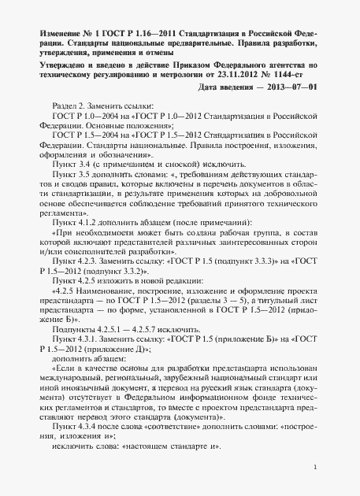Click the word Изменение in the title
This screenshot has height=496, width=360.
pos(61,35)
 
